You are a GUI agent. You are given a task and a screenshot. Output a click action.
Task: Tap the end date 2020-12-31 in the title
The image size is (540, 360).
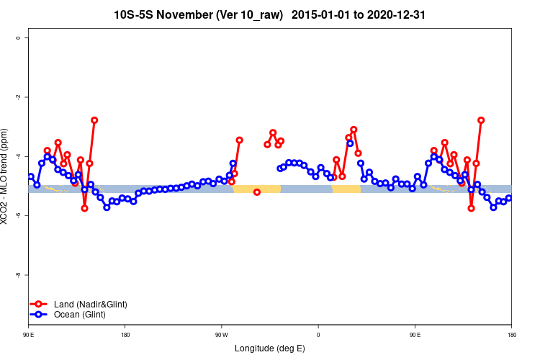(400, 14)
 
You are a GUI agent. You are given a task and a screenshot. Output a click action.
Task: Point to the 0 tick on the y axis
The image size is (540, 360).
(19, 37)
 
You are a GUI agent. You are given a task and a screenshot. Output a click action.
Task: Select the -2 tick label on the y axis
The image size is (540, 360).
(19, 97)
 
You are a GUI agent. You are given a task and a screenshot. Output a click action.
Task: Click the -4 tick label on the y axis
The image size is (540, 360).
(19, 156)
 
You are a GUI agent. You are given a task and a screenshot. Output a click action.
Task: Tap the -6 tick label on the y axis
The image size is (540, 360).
(19, 215)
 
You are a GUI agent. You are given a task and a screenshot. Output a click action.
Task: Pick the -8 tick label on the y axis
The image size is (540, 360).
(19, 275)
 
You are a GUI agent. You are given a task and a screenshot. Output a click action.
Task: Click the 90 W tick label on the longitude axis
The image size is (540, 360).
(221, 335)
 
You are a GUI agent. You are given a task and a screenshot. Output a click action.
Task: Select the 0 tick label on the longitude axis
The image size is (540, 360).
(318, 335)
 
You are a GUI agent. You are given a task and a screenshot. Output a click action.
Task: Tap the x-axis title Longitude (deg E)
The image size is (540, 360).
(269, 348)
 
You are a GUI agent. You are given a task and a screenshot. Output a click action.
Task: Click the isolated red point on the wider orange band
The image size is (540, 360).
(257, 192)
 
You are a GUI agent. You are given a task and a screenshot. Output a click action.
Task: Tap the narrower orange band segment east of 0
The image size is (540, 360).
(346, 189)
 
